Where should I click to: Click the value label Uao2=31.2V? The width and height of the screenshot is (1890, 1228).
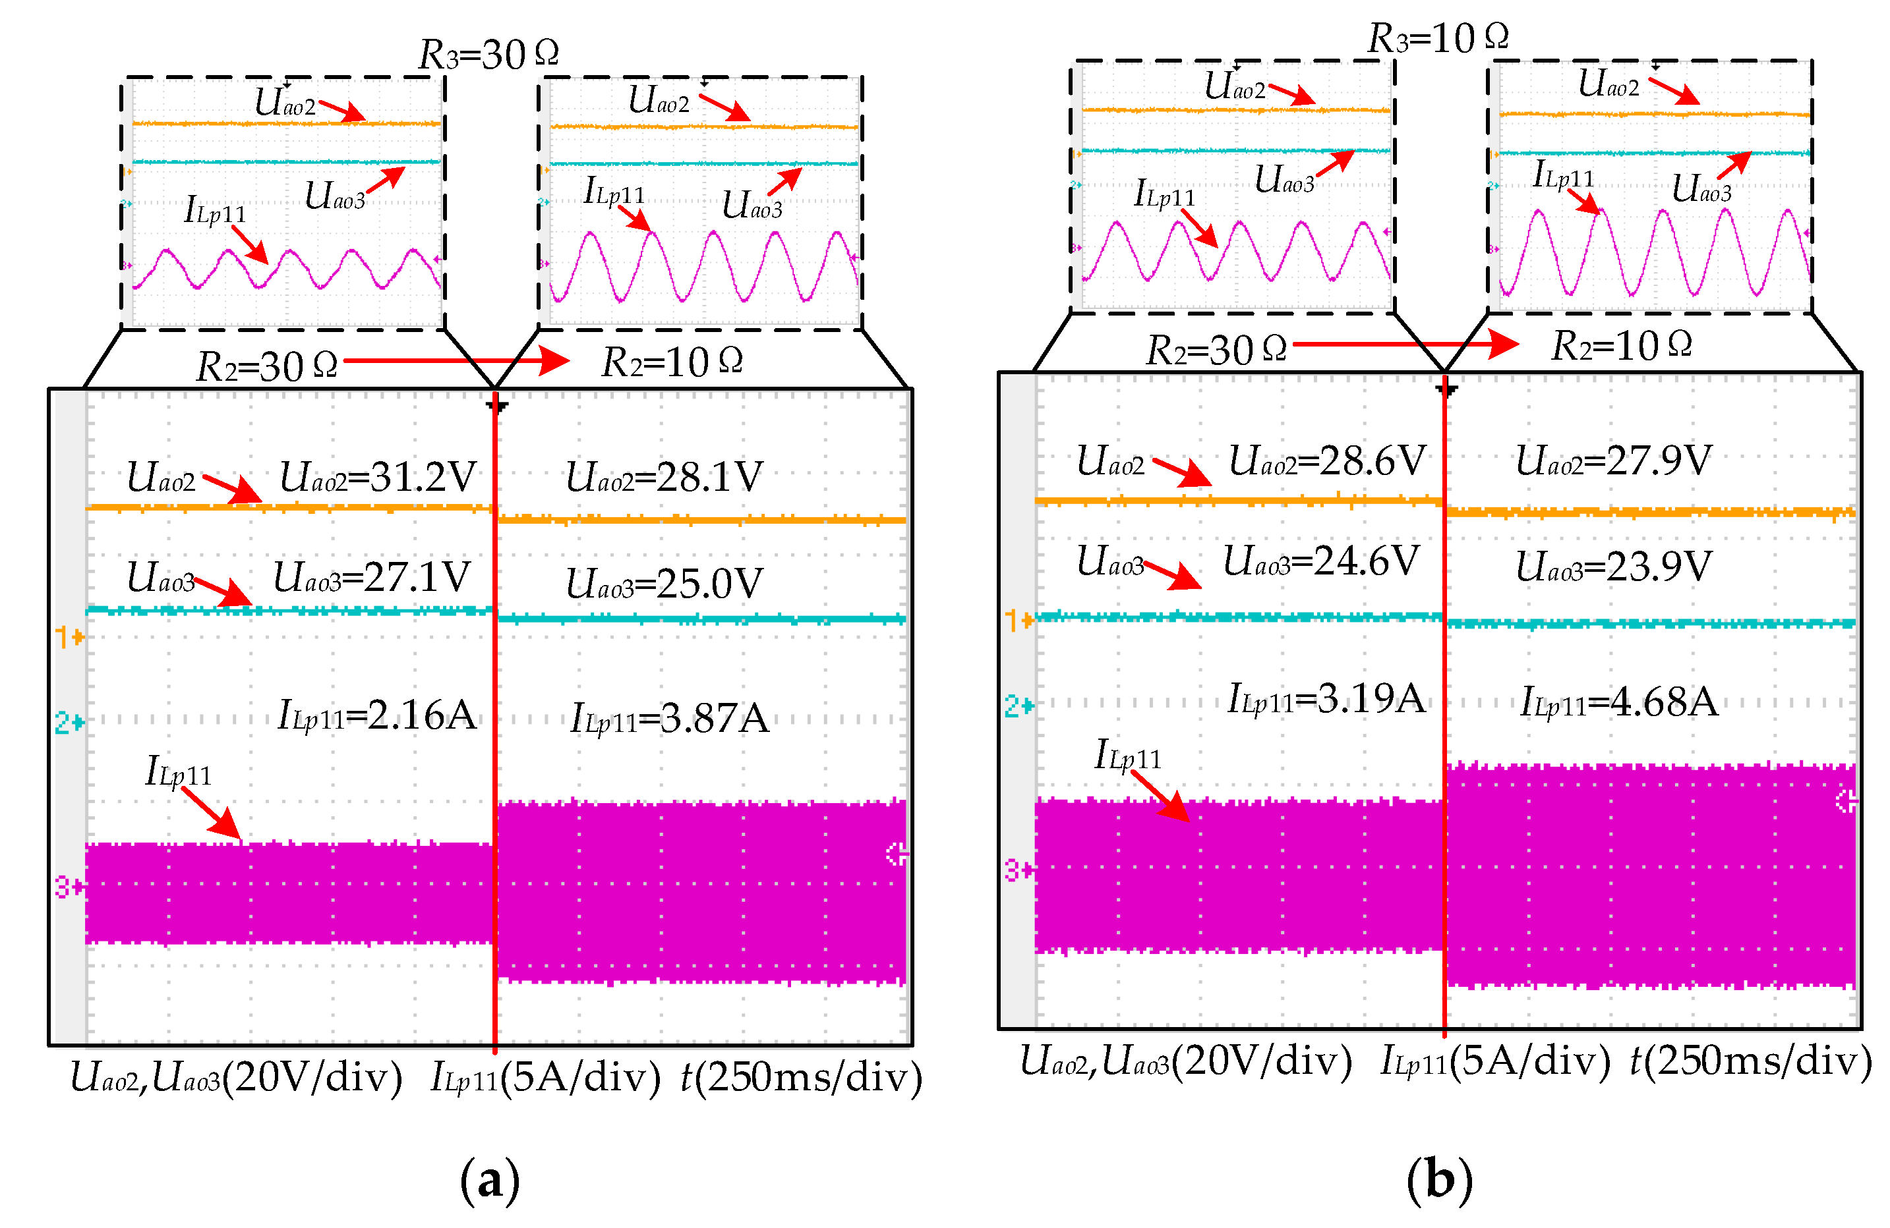click(378, 477)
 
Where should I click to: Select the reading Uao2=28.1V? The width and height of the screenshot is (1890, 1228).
click(664, 477)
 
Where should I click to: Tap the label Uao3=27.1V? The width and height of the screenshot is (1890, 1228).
click(372, 577)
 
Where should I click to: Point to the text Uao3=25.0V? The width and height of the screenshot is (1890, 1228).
click(664, 584)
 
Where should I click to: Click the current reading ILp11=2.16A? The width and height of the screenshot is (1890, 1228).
click(377, 716)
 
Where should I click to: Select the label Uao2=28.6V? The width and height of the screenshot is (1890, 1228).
click(1327, 461)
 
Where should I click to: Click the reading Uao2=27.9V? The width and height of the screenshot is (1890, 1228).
click(1614, 461)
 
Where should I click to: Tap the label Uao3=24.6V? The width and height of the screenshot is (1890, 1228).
click(1320, 562)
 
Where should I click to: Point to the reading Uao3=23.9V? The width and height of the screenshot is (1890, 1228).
click(1614, 567)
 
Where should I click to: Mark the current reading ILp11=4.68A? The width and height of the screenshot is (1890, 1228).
click(1619, 702)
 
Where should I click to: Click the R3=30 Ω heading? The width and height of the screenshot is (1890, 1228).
click(488, 54)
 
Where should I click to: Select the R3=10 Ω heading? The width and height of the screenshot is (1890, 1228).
click(1438, 38)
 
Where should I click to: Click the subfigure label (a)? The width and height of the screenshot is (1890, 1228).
click(489, 1181)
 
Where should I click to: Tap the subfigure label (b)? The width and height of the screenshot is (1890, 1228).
click(1439, 1181)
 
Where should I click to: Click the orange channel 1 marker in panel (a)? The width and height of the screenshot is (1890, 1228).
click(69, 636)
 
